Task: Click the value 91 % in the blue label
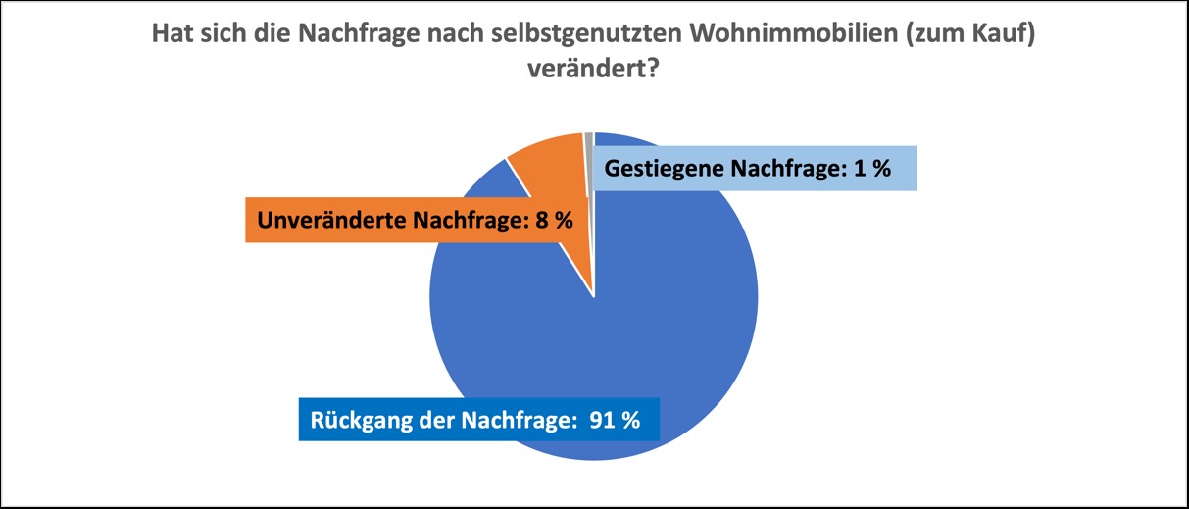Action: click(x=615, y=421)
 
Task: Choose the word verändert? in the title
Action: click(x=593, y=71)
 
